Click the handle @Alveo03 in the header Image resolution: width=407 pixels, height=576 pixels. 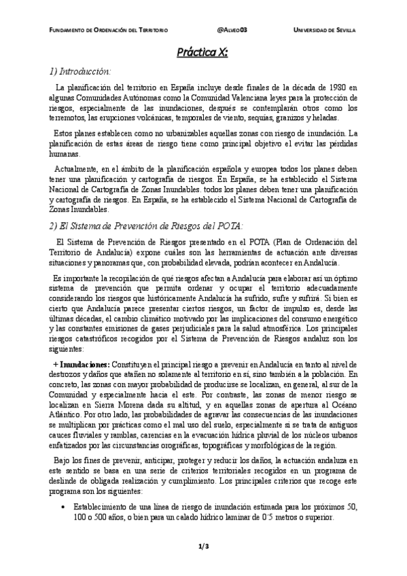(232, 31)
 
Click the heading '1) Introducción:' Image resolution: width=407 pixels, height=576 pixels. (79, 71)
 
